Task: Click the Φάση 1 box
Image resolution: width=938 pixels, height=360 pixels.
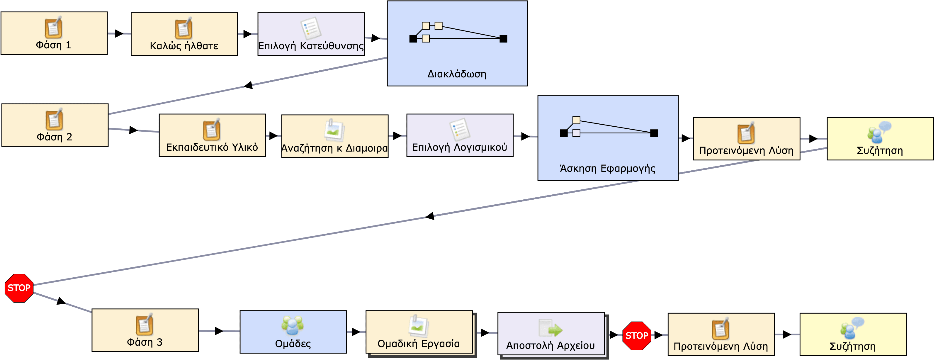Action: coord(54,33)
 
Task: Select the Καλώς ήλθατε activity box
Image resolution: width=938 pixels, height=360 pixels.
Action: coord(184,34)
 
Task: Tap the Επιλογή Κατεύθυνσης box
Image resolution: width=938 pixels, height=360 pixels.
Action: coord(311,34)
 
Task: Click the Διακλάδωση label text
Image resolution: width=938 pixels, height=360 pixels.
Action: coord(457,74)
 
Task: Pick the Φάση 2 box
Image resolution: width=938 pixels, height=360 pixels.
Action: coord(55,125)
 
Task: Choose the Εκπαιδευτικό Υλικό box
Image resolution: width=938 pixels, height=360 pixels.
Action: coord(212,135)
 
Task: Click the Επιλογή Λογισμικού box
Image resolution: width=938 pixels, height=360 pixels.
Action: coord(460,135)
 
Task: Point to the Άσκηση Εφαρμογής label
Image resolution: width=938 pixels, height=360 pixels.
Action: coord(607,169)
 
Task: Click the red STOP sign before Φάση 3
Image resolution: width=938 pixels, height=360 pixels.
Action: coord(19,288)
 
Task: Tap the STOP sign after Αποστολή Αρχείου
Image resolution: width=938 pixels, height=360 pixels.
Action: coord(636,336)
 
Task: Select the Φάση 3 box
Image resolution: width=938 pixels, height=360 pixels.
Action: coord(145,330)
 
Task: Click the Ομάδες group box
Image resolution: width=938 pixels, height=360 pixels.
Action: coord(293,332)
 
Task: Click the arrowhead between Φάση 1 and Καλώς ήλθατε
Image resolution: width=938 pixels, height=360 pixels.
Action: coord(119,33)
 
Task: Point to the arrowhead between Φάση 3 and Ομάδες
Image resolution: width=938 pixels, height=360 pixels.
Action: coord(219,331)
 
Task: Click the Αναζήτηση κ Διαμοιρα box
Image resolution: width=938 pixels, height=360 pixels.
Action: coord(335,136)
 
